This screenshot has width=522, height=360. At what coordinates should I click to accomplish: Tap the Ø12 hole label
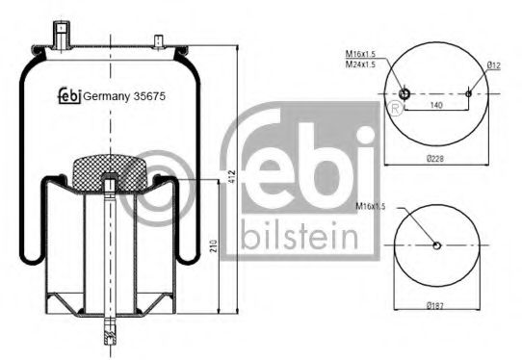point(493,65)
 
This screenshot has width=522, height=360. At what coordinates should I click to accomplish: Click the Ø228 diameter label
point(438,159)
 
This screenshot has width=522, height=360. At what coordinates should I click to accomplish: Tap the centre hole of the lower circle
point(438,244)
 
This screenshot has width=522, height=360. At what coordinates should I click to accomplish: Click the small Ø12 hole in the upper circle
point(469,93)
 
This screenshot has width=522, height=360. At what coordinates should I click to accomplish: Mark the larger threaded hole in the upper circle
point(405,93)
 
